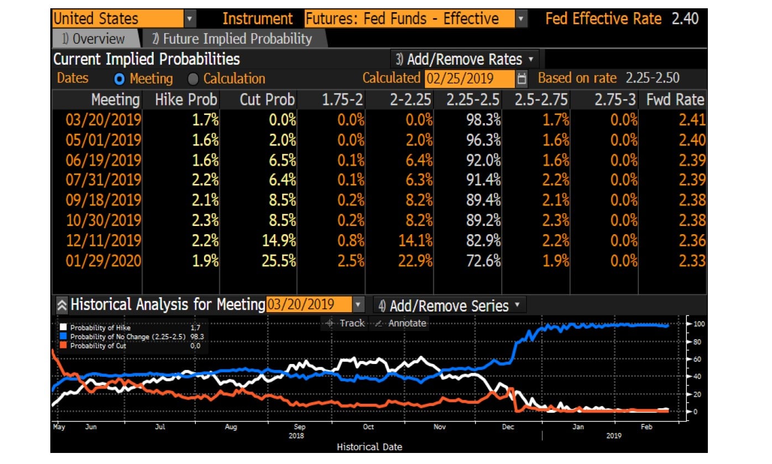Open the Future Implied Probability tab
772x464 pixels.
232,39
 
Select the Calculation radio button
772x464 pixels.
193,79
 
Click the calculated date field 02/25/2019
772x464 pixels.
470,78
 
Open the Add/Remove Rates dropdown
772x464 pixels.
465,59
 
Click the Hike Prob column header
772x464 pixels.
181,100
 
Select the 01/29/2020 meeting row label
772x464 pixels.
103,261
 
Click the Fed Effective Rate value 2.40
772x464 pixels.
685,19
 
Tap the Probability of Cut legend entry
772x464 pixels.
98,346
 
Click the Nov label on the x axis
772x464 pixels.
440,427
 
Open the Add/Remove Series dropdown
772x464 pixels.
449,305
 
